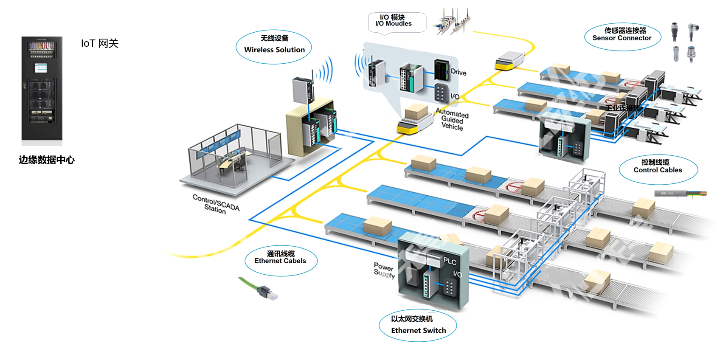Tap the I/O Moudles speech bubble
[397, 22]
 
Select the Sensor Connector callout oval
[622, 37]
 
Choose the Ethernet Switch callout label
[418, 325]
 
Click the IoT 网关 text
[100, 43]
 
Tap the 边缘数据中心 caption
[47, 160]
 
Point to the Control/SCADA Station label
[216, 204]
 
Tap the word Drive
[459, 72]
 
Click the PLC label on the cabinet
[450, 261]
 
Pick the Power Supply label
[384, 270]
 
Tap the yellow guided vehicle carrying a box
[412, 121]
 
